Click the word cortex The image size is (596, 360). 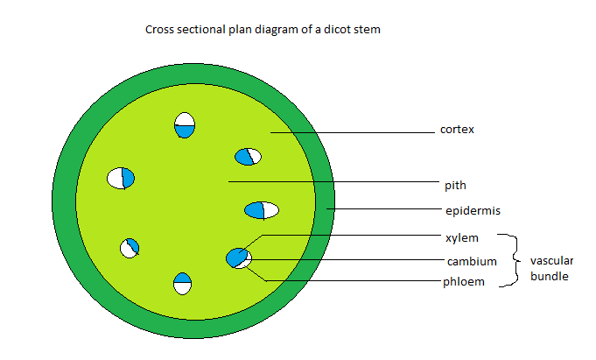tap(456, 131)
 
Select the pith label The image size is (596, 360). tap(455, 185)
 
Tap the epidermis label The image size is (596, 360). tap(473, 210)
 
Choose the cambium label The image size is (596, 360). tap(472, 261)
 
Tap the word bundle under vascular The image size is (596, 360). tap(549, 276)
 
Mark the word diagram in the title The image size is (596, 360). tap(278, 30)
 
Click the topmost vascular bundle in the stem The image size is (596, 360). tap(185, 125)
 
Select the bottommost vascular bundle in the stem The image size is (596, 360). tap(182, 284)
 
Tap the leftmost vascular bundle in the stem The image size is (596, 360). tap(121, 178)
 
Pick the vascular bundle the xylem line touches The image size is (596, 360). tap(238, 258)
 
